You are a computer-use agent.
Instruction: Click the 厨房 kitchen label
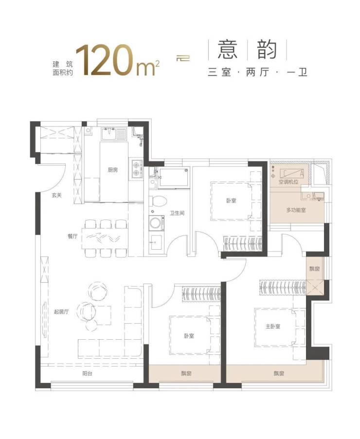pos(113,170)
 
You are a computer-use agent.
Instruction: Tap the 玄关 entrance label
pos(57,195)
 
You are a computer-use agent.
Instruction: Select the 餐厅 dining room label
pos(72,236)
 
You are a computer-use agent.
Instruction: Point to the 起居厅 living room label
pos(61,311)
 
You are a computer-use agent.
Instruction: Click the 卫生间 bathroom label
pos(177,213)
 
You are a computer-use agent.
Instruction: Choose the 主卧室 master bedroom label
pos(272,326)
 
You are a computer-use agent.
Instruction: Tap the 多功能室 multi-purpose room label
pos(296,210)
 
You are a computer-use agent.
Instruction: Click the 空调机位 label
pos(288,182)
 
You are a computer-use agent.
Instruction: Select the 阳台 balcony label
pos(88,373)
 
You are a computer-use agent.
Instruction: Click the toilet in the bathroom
pos(158,201)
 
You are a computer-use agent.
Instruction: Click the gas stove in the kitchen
pos(136,169)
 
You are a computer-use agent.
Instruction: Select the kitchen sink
pos(109,134)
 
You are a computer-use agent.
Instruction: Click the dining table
pos(105,238)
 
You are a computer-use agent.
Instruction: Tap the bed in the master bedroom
pos(276,327)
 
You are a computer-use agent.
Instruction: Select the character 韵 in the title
pos(267,50)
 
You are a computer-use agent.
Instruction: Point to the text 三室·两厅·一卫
pos(257,72)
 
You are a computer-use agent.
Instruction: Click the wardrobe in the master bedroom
pos(283,287)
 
